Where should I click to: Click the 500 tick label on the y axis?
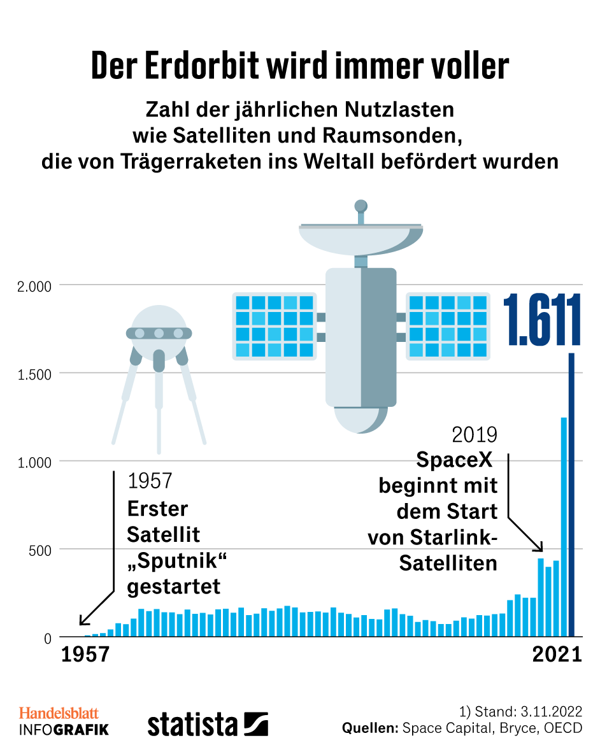39,550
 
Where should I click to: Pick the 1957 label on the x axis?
85,655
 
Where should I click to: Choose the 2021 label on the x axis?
557,655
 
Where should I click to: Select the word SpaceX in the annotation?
457,459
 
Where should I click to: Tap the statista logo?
208,725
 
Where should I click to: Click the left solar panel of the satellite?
275,325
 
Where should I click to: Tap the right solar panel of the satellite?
448,325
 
